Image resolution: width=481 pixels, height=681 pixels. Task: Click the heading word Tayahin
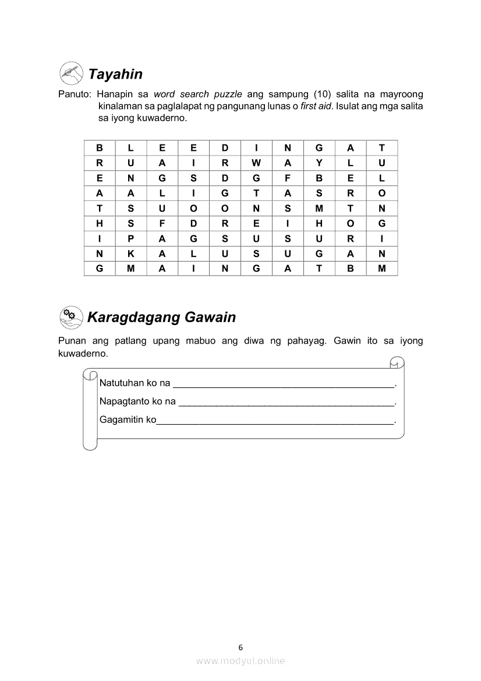[x=115, y=74]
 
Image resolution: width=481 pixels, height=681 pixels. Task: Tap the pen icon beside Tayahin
[x=71, y=73]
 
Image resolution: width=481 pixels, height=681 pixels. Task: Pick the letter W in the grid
[x=256, y=163]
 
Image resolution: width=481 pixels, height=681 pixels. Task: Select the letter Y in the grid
[x=319, y=163]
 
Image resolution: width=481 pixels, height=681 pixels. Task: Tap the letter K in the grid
[x=131, y=253]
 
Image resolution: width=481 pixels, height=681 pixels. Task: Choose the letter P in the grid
[x=131, y=238]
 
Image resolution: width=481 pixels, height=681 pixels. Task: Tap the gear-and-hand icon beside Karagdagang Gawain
[x=71, y=317]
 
